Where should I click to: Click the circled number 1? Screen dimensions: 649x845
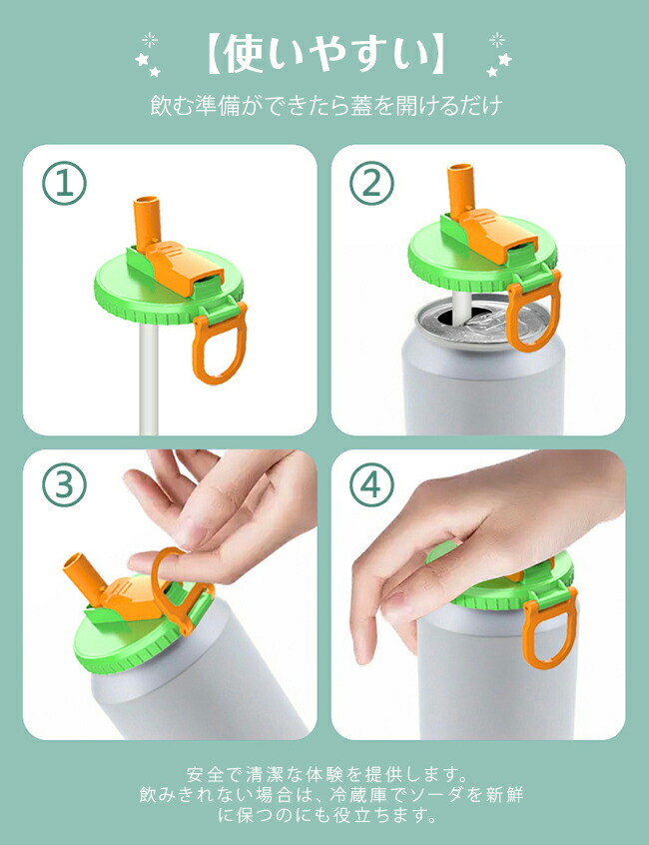pos(64,183)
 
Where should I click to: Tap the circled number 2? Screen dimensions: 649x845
pos(372,183)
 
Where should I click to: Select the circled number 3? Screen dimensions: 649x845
pos(64,484)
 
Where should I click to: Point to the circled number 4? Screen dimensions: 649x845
pos(372,484)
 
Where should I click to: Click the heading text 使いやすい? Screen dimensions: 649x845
pos(325,54)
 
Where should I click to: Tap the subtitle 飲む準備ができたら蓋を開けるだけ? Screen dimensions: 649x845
pos(325,105)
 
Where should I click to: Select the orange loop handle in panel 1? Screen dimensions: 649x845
pos(220,345)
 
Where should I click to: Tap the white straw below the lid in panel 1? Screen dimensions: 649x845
pos(149,378)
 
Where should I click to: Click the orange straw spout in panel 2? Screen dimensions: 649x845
pos(461,189)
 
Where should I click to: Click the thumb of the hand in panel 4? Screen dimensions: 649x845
pos(371,609)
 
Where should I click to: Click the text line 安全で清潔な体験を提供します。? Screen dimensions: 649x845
pos(325,774)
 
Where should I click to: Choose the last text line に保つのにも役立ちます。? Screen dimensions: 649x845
pos(325,815)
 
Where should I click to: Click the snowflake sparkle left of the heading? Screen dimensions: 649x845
pos(149,40)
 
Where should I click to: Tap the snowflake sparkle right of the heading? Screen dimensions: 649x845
pos(497,40)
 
